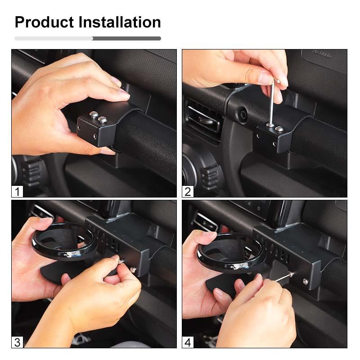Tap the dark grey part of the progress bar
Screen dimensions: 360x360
[x=127, y=39]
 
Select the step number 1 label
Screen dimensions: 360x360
[x=18, y=191]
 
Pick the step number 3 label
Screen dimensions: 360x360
[x=18, y=342]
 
